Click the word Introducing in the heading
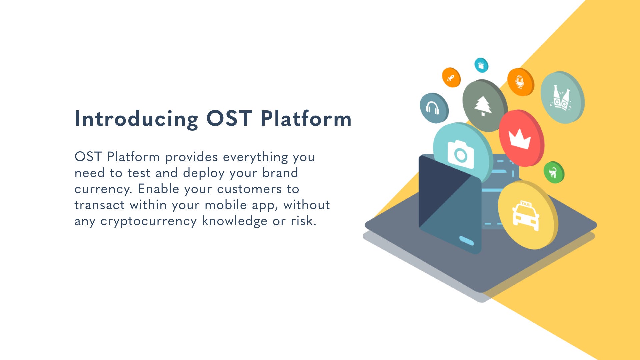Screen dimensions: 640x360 click(136, 119)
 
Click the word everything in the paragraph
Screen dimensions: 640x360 click(255, 157)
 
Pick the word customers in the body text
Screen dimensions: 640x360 click(249, 189)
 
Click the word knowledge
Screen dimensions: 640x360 click(234, 221)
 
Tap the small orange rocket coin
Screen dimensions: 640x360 click(451, 78)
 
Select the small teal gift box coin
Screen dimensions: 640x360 click(481, 65)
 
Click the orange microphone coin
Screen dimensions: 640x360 click(520, 82)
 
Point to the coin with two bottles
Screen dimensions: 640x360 click(562, 97)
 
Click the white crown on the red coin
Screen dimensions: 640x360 click(519, 139)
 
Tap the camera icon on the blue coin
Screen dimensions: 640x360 click(461, 154)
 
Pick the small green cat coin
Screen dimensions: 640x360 click(554, 172)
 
